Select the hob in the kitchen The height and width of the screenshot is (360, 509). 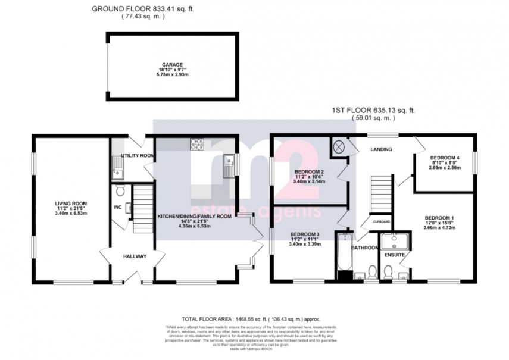pos(196,143)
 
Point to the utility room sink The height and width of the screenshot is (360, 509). pos(118,172)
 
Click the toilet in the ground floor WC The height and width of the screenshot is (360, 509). pos(120,192)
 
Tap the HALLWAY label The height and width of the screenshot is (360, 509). pos(135,256)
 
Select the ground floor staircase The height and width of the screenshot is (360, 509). pos(142,208)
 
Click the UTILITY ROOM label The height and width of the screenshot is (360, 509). pos(138,155)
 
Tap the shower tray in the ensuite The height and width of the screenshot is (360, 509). pos(392,241)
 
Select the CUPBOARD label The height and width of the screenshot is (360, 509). pos(381,221)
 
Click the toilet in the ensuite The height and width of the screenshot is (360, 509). pos(388,273)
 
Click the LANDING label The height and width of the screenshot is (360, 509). pos(380,149)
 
